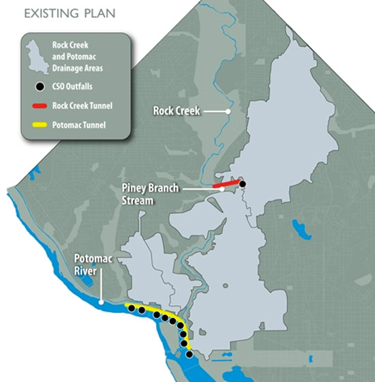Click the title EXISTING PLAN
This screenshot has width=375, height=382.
59,13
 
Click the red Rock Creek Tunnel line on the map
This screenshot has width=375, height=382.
225,184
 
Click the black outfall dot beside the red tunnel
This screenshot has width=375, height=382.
241,183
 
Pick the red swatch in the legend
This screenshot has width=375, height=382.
39,105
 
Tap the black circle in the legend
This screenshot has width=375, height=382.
40,87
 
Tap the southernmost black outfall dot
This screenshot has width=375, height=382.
189,354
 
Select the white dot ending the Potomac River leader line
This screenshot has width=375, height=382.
101,302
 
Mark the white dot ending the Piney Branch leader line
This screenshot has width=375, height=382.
222,190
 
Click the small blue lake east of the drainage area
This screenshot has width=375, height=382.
297,228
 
